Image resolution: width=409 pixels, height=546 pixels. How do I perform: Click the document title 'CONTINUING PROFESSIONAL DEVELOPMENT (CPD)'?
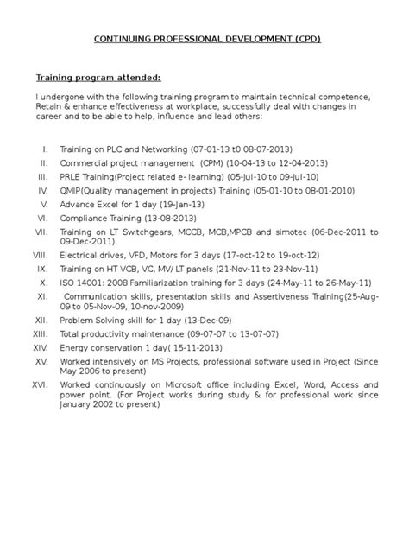coord(204,40)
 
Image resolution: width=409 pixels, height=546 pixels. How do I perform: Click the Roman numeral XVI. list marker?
coord(40,382)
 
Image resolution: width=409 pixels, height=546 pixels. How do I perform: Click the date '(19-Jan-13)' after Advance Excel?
coord(182,205)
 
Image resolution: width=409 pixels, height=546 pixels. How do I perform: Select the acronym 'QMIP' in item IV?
coord(73,191)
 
